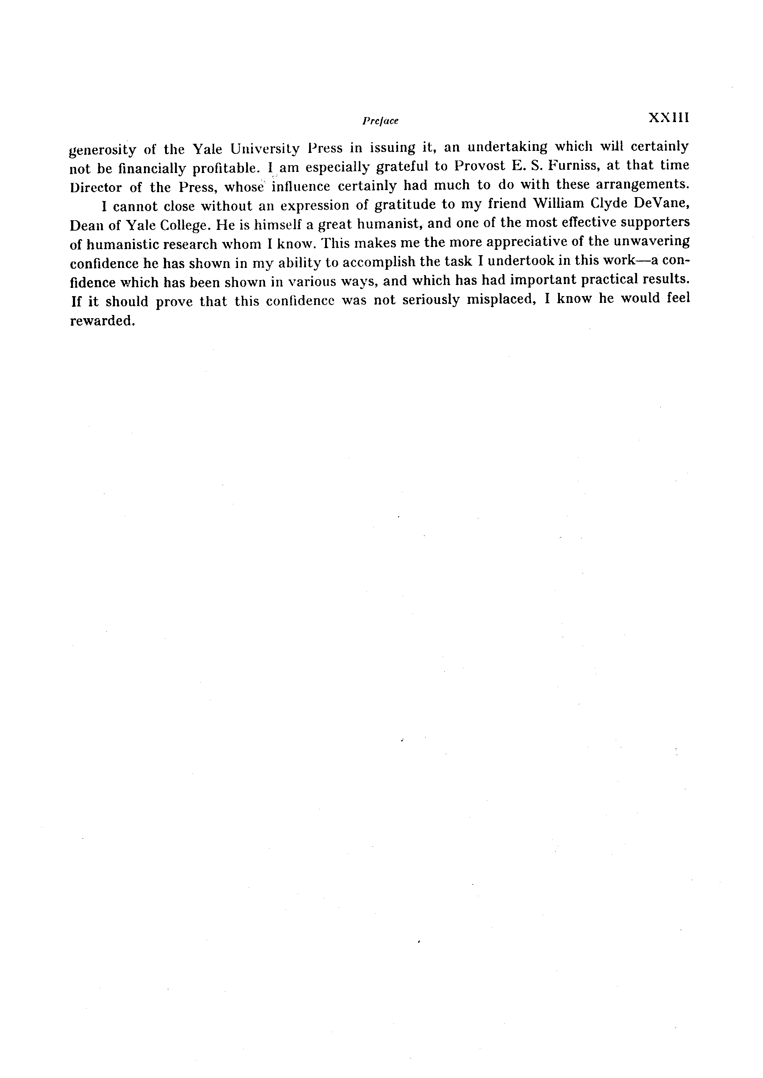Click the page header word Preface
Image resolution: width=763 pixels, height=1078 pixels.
[380, 121]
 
